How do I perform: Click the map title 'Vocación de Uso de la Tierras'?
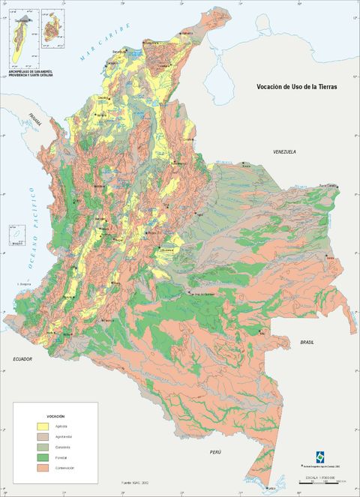[297, 87]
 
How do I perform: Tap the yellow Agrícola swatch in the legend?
[46, 426]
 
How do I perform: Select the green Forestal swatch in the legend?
[46, 457]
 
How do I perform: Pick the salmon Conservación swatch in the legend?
[46, 468]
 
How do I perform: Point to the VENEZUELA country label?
[284, 151]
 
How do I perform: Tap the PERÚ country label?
[215, 453]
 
